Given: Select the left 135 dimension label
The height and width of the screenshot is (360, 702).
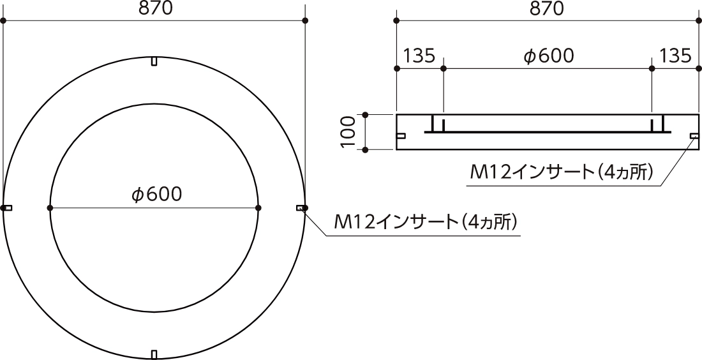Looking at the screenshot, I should [419, 56].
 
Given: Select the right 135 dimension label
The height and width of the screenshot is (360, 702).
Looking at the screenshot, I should [675, 56].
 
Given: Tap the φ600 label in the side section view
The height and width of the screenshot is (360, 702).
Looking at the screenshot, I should [548, 56].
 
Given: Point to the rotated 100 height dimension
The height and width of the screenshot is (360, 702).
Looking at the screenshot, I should [348, 132].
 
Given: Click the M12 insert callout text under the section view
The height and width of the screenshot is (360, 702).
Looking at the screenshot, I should [562, 172].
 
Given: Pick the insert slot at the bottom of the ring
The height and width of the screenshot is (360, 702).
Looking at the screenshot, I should [154, 354].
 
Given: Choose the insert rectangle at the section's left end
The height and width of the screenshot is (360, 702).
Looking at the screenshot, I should [401, 135].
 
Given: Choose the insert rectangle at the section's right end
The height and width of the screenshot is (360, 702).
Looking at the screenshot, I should [694, 135].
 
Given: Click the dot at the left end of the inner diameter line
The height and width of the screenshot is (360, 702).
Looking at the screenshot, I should [50, 207].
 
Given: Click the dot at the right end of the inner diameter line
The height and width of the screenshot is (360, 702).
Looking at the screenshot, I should [258, 207].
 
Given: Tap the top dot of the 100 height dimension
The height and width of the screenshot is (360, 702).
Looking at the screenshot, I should [366, 115].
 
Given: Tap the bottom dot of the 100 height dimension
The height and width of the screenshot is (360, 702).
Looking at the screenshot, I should [366, 150].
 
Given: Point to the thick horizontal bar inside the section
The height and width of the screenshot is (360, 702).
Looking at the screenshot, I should [547, 132].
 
